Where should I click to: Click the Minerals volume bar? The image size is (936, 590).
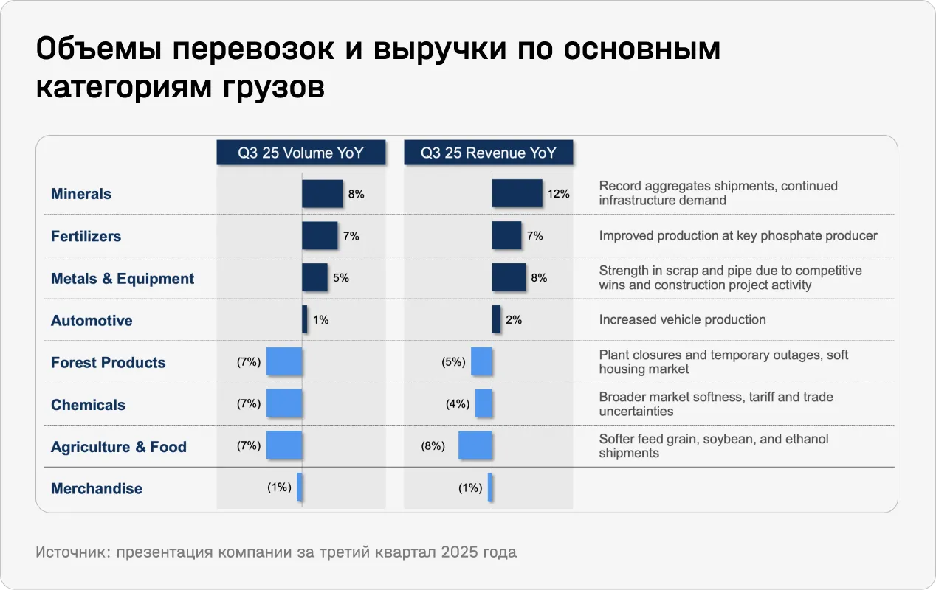tap(322, 194)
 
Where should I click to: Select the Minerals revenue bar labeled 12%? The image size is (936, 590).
tap(517, 194)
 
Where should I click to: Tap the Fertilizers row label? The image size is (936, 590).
tap(86, 236)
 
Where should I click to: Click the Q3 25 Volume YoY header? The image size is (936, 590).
tap(301, 153)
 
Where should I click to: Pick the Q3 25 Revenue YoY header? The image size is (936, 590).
tap(489, 153)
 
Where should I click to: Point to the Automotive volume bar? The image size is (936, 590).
tap(305, 320)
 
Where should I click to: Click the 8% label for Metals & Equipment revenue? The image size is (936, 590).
tap(539, 278)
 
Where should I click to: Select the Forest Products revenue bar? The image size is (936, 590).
tap(481, 362)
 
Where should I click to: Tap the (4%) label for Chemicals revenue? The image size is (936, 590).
tap(458, 404)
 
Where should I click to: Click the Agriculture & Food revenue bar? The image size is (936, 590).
tap(475, 446)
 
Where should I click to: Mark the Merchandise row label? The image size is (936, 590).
tap(97, 488)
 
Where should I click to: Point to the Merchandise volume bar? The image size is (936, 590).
tap(300, 487)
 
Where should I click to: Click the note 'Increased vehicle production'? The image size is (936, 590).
tap(682, 319)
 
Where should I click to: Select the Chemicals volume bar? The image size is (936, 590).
tap(284, 404)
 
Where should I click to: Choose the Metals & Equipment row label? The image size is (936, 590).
tap(123, 278)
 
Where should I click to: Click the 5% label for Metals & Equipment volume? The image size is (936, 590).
tap(341, 278)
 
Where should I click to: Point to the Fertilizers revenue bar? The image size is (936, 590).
tap(506, 236)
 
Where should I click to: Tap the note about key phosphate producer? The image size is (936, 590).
tap(738, 236)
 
